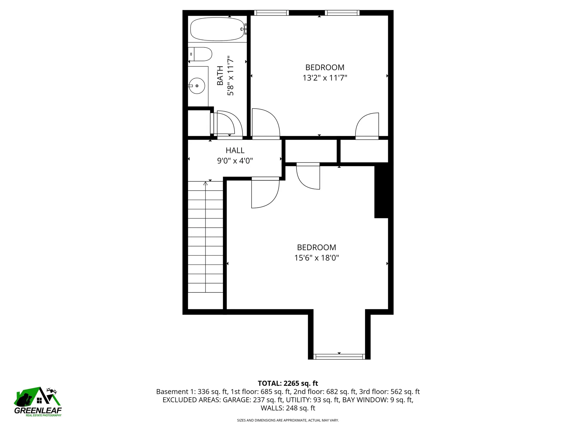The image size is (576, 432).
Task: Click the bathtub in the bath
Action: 217,29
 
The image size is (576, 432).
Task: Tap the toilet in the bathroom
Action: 202,54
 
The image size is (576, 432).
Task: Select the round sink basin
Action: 197,86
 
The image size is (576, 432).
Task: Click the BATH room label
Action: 220,76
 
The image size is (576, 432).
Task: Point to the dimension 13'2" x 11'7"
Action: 325,78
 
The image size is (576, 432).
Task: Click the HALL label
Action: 235,150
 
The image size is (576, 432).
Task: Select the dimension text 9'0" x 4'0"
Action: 235,161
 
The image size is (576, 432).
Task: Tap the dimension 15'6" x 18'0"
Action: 316,258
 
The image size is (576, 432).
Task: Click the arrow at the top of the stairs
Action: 205,183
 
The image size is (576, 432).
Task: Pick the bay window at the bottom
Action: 339,357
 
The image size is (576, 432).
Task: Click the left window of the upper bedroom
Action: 271,13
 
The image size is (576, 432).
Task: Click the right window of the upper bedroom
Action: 342,13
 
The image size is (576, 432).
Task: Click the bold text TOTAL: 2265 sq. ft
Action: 288,383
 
